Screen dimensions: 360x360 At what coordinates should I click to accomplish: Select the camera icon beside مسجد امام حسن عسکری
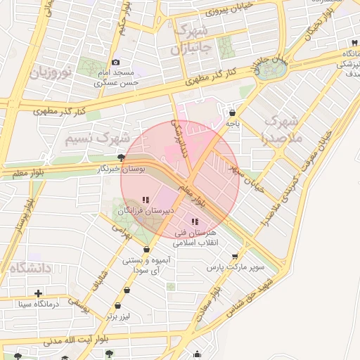click(115, 63)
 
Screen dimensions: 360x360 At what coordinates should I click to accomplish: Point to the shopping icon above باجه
click(232, 112)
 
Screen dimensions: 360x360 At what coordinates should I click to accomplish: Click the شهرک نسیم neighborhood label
click(98, 138)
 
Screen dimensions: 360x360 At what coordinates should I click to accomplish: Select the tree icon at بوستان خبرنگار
click(122, 157)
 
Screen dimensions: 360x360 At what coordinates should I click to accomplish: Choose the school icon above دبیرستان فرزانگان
click(146, 200)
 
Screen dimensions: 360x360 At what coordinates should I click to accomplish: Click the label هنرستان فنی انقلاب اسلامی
click(196, 237)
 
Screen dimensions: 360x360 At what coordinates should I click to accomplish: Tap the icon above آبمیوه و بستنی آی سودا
click(146, 249)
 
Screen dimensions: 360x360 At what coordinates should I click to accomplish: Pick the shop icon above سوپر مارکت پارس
click(235, 256)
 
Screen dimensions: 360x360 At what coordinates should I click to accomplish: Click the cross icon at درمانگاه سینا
click(38, 292)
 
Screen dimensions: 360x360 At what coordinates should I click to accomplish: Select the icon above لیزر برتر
click(117, 306)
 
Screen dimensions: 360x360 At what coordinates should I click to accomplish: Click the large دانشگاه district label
click(29, 267)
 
